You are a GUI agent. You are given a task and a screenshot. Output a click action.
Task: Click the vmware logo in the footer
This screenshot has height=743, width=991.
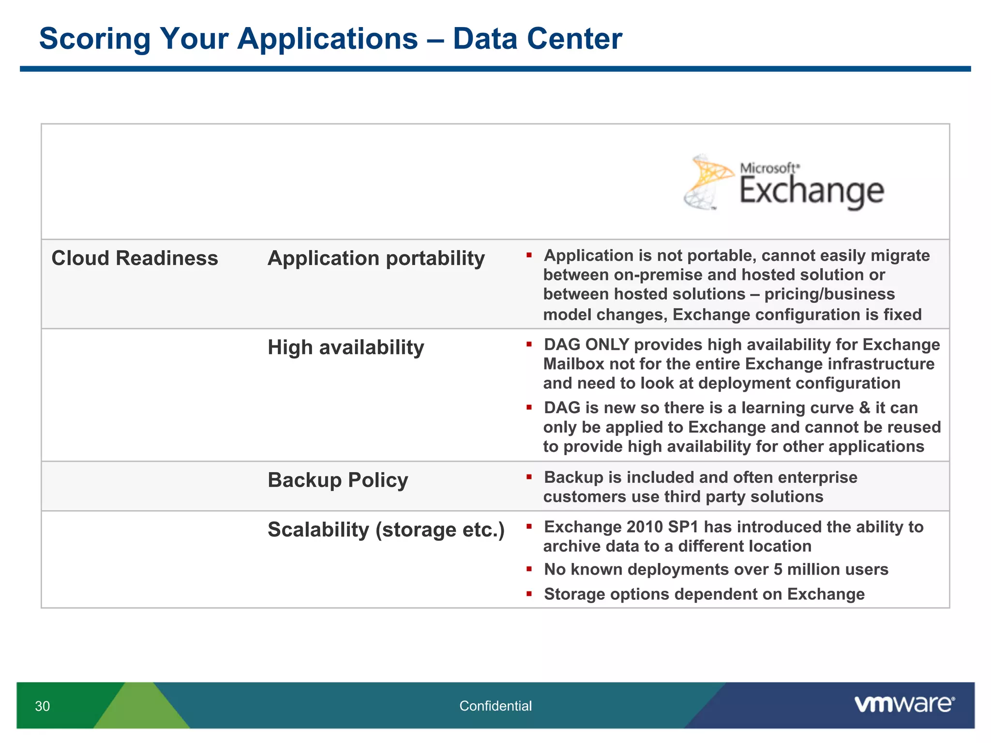tap(904, 704)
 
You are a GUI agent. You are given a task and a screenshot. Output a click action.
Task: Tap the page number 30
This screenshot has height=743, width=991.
tap(42, 706)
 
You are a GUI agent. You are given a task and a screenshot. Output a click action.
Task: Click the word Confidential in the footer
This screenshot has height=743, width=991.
tap(495, 706)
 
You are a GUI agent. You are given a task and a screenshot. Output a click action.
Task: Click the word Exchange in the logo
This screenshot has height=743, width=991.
tap(811, 192)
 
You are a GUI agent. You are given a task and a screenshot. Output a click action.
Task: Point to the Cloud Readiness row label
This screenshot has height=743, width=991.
tap(135, 258)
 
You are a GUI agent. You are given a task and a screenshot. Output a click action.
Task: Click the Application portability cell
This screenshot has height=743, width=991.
tap(376, 258)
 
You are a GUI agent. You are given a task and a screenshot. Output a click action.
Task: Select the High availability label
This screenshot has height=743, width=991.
tap(345, 347)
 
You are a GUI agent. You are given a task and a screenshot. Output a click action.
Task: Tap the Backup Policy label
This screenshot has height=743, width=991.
tap(338, 480)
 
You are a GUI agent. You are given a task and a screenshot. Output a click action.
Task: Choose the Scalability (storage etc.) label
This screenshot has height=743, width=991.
tap(386, 530)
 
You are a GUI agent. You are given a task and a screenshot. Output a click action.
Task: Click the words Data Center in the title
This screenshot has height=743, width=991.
tap(537, 39)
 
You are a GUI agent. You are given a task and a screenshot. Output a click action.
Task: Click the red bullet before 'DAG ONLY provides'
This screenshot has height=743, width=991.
tap(529, 344)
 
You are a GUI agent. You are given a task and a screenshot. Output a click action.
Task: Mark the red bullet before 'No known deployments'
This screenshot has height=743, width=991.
tap(529, 569)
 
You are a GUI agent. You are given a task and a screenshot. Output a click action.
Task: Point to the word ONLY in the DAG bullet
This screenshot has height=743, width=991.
tap(607, 344)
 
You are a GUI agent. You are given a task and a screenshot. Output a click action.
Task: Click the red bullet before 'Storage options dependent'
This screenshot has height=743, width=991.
tap(529, 594)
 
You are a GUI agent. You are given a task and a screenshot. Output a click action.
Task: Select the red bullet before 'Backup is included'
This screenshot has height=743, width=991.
tap(529, 477)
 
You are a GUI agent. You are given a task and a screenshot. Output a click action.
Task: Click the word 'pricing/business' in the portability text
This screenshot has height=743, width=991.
tap(829, 294)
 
